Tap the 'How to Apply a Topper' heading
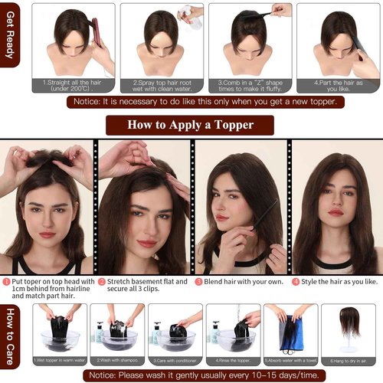click(x=190, y=124)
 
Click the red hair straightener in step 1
click(x=97, y=34)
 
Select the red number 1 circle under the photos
click(x=5, y=281)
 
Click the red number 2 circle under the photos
click(x=101, y=281)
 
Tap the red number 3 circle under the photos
click(x=198, y=281)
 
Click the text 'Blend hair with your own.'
click(x=241, y=281)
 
